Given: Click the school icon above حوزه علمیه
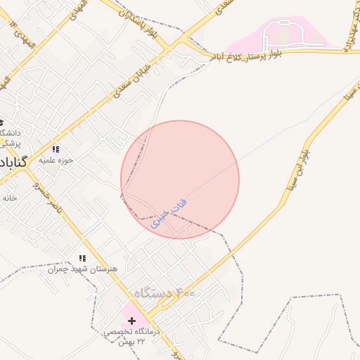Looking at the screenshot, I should [56, 149].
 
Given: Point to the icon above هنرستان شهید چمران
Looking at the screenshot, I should [82, 259].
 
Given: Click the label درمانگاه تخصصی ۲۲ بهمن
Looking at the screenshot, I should [131, 336].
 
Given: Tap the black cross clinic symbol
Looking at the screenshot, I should [131, 320].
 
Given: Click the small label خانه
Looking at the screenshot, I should [9, 198].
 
